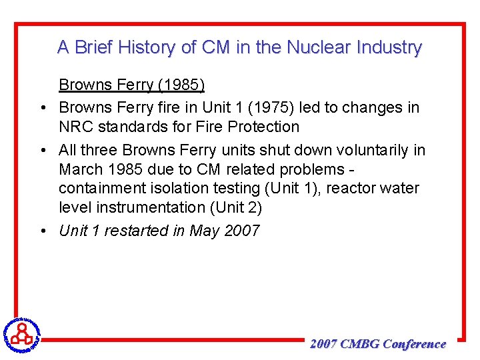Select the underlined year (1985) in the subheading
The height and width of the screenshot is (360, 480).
click(x=181, y=85)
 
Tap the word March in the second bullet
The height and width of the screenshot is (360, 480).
click(x=79, y=169)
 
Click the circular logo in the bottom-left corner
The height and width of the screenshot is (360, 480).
click(x=22, y=333)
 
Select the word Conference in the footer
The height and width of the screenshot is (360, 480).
click(x=415, y=344)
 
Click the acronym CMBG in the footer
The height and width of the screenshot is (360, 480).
click(x=359, y=344)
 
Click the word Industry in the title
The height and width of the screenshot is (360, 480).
click(x=389, y=47)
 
